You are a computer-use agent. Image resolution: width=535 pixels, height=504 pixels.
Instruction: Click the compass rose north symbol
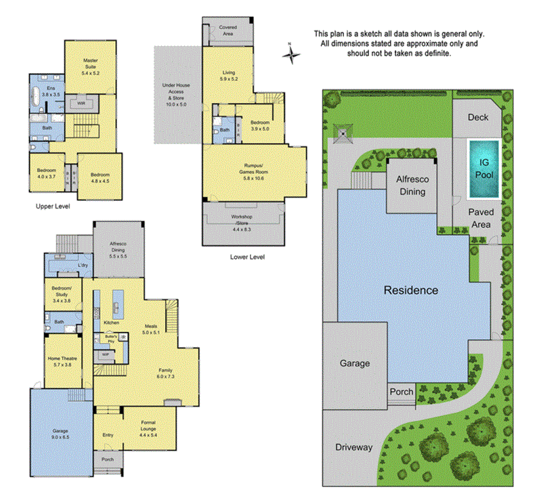pos(291,53)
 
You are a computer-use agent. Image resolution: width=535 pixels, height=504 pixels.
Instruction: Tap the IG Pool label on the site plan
pos(484,167)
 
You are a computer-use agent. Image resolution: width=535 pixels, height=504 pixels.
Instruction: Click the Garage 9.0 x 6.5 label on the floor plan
pos(61,433)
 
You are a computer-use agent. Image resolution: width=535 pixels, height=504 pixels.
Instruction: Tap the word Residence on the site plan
pos(410,290)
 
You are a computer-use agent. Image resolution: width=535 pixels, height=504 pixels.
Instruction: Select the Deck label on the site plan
pos(477,117)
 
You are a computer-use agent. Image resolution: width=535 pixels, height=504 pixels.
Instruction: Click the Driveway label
pos(354,447)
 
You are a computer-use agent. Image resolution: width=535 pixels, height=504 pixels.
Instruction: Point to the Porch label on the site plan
pos(400,392)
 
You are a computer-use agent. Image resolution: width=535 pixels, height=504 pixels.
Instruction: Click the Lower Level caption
pos(247,257)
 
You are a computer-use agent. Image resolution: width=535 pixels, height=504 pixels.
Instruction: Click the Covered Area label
pos(228,30)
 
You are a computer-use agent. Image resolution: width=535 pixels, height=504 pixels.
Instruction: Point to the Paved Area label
pos(482,217)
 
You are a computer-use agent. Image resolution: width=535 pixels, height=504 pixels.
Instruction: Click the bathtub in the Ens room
pos(35,95)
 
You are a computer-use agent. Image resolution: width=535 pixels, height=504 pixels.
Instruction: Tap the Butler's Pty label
pos(111,338)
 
